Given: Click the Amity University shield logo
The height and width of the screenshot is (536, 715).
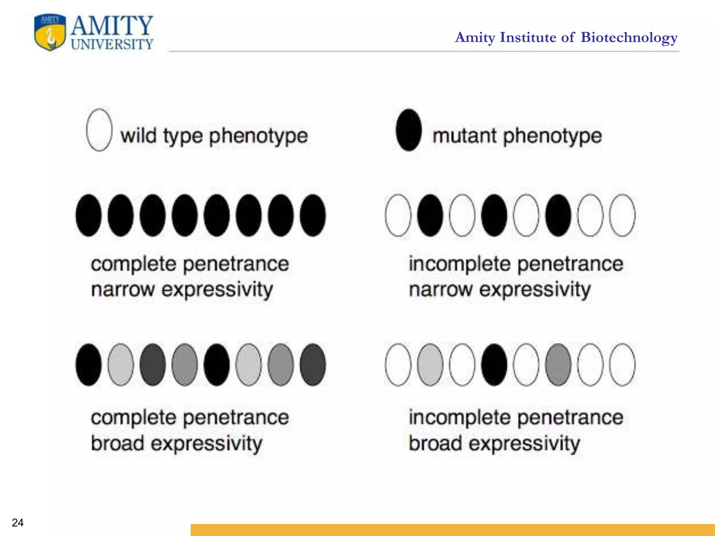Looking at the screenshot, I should click(50, 32).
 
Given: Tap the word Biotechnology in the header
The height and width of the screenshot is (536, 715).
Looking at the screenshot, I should click(629, 37).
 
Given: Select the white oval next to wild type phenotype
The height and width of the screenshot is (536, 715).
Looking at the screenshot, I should click(99, 130).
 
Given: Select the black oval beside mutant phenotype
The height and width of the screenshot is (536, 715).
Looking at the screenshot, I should click(408, 130).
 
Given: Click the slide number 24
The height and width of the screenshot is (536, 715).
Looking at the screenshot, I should click(17, 522).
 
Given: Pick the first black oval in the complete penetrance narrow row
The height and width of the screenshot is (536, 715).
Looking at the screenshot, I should click(89, 215).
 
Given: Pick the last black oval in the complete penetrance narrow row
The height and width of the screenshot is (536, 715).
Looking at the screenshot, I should click(313, 215).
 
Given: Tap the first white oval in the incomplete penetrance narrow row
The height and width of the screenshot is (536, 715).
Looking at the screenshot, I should click(398, 215).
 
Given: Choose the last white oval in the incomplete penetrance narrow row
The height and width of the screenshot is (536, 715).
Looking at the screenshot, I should click(622, 215).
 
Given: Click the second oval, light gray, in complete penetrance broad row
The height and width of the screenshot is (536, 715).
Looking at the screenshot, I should click(121, 365).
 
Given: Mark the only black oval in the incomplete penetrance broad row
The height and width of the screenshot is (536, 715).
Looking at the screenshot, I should click(494, 365).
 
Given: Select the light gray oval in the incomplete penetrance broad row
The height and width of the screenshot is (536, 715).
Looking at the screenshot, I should click(430, 365).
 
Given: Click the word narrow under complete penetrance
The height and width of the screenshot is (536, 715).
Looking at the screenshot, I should click(123, 290).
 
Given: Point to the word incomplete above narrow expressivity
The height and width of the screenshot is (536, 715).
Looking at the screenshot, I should click(460, 264).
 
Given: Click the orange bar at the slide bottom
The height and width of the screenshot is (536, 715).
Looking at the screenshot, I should click(452, 530).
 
